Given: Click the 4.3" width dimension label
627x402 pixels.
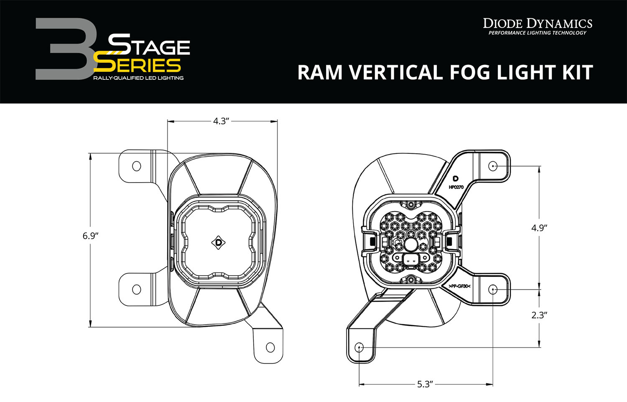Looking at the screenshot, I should pos(221,121).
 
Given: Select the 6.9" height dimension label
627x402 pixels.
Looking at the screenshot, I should pos(90,236).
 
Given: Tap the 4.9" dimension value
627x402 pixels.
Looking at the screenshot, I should pos(539,228).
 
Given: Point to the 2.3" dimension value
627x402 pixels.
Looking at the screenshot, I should pos(539,315).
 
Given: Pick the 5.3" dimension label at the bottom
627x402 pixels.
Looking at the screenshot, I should pos(425,384).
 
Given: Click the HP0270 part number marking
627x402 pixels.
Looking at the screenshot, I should pos(456,187).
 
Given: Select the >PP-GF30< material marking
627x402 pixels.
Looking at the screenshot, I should pos(459,286).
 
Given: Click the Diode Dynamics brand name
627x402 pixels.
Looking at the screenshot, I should pos(538,23).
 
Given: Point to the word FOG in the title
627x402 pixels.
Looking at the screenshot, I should pos(475,72).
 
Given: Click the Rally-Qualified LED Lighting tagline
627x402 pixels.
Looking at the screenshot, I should pos(138,78).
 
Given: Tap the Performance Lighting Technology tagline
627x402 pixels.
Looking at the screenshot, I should pos(538,33).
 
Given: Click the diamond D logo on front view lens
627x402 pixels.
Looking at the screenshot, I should pos(219,242).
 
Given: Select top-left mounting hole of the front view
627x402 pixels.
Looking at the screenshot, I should pos(136,166).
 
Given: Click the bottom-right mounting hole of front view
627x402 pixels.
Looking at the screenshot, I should pos(270,347).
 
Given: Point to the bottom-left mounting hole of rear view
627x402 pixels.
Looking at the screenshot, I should pos(359,347).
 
